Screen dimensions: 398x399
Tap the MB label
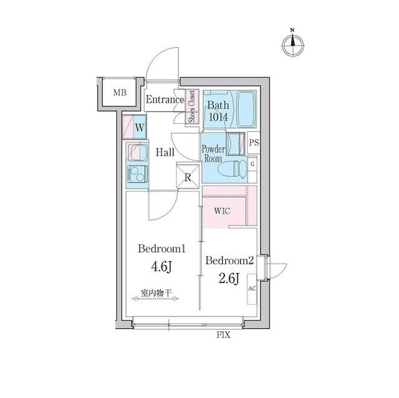(119, 93)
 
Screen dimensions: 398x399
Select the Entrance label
(165, 99)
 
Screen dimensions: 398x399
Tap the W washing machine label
(140, 128)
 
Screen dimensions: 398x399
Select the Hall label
(165, 151)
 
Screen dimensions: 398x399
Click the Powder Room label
(213, 153)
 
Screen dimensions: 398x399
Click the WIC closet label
(223, 211)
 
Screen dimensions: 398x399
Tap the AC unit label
(252, 290)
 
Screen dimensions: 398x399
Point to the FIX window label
(223, 335)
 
